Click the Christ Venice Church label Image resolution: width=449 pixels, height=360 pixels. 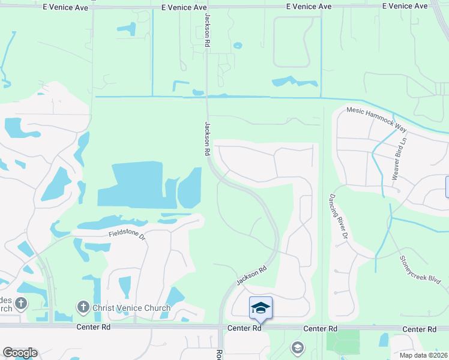tap(131, 308)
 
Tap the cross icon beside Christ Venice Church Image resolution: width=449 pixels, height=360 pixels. tap(83, 308)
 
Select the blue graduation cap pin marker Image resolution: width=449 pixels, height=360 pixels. tap(261, 308)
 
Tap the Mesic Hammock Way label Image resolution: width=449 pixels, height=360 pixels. tap(378, 119)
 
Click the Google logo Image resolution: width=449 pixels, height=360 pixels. tap(19, 353)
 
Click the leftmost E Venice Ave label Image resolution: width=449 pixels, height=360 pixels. tap(66, 7)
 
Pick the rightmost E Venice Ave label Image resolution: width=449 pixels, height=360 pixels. tap(405, 6)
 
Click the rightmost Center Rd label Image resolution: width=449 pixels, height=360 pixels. tap(419, 329)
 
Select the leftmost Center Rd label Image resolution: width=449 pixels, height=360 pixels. tap(94, 328)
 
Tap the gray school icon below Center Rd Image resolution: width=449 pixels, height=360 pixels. tap(297, 347)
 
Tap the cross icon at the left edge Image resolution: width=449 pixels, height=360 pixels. tap(21, 303)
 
